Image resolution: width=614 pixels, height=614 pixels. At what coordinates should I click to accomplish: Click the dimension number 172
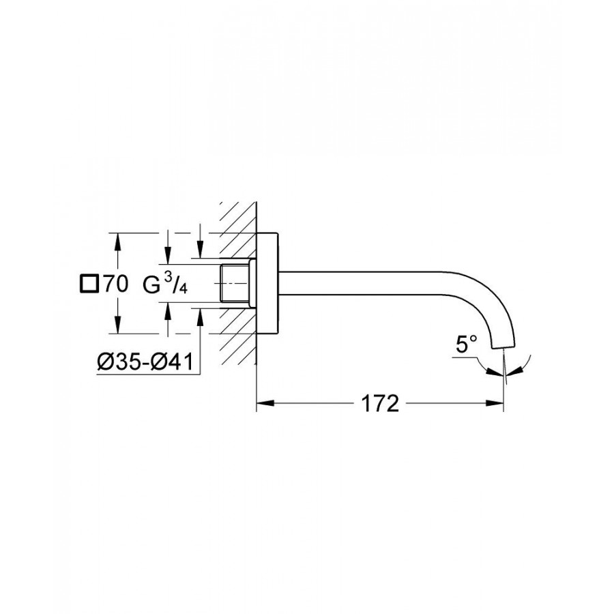[379, 403]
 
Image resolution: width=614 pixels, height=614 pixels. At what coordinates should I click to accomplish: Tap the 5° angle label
[467, 345]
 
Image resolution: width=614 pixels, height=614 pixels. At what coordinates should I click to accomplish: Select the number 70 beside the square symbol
[116, 284]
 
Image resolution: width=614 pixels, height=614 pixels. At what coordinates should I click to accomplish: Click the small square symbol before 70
[89, 284]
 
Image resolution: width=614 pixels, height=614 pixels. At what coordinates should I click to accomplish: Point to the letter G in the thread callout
[151, 284]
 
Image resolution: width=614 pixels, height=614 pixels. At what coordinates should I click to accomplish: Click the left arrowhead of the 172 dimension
[265, 403]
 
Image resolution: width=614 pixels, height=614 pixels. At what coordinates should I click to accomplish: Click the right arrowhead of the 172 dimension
[495, 403]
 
